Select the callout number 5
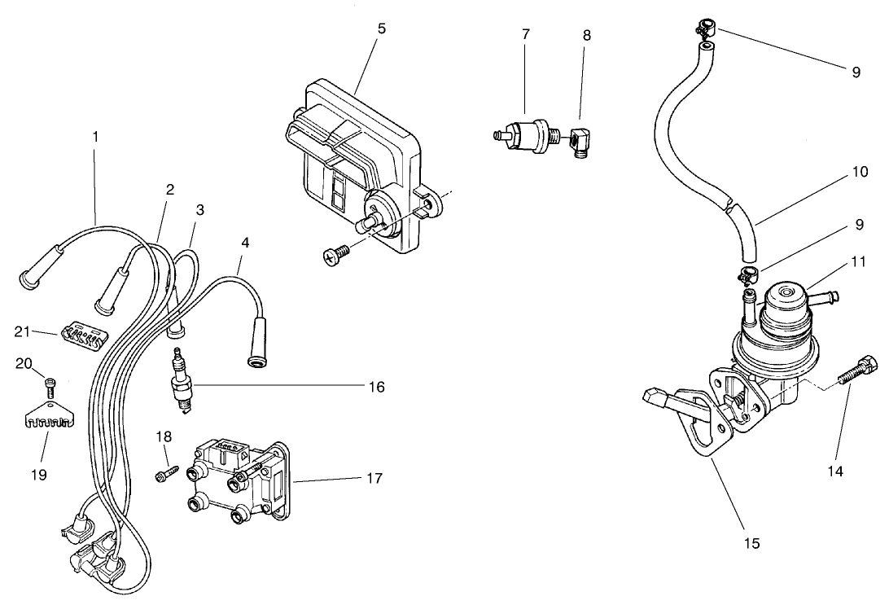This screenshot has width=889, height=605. tap(382, 28)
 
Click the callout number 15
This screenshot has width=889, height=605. tap(751, 543)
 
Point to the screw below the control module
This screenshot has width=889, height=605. tap(335, 256)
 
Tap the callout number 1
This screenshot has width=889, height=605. tap(95, 137)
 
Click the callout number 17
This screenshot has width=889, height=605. tap(374, 478)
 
